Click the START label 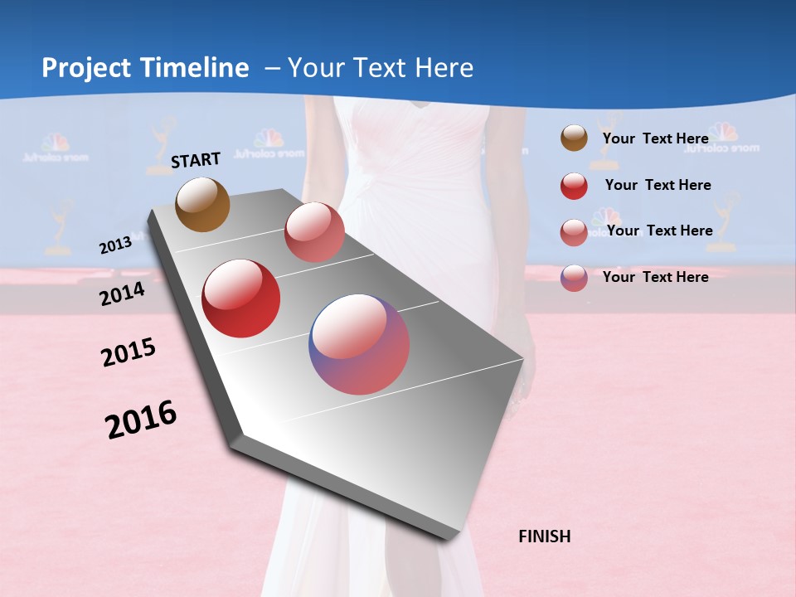coord(196,160)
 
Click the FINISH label coord(545,536)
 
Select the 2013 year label coord(115,245)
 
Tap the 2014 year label coord(122,294)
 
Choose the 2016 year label coord(141,420)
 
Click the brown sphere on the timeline coord(203,204)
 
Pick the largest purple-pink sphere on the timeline coord(359,344)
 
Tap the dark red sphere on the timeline coord(241,298)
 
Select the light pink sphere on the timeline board coord(314,232)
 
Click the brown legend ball coord(574,138)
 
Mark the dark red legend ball coord(574,186)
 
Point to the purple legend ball coord(574,278)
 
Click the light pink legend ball coord(574,232)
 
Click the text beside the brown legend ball coord(655,138)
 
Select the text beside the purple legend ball coord(655,277)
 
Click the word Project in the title coord(86,68)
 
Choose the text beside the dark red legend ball coord(658,185)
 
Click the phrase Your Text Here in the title coord(381,68)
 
